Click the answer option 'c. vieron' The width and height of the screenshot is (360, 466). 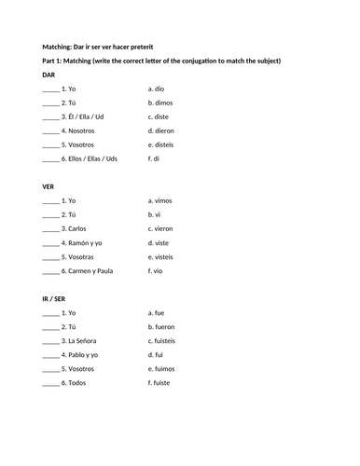point(160,228)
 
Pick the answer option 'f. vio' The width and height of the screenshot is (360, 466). point(156,270)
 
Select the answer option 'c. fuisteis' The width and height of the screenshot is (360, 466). point(162,340)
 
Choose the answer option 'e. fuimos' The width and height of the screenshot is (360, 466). point(161,368)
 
